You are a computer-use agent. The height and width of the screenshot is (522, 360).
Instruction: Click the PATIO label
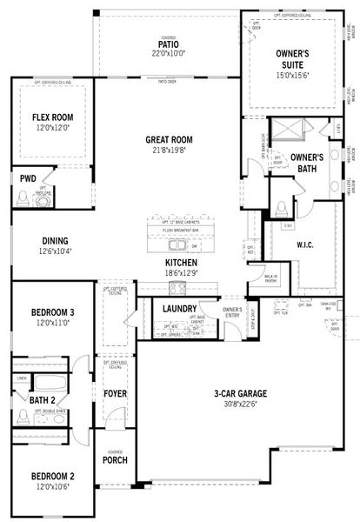(169, 43)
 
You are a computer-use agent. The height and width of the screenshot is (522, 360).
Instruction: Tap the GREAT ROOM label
(169, 139)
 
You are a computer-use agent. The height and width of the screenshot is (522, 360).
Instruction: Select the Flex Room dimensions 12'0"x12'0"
(50, 128)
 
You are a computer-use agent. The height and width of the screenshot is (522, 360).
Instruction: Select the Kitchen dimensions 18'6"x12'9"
(181, 272)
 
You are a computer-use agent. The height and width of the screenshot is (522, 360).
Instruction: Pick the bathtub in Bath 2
(51, 384)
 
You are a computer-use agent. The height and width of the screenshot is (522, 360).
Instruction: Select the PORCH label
(116, 460)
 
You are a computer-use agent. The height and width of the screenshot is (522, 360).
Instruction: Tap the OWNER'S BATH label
(307, 162)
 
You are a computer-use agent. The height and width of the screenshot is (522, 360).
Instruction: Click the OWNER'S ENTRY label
(231, 313)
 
